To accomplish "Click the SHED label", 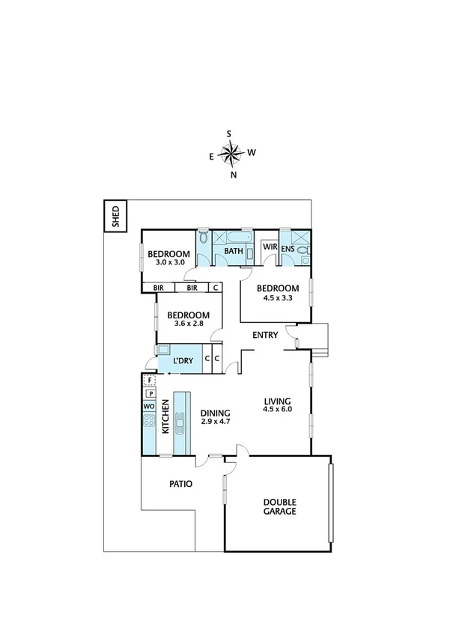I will pos(115,216).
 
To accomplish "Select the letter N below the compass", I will pos(234,175).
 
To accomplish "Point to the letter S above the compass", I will pos(229,134).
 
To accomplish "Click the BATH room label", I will pos(234,251).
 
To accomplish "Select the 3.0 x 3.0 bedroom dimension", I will pos(169,263).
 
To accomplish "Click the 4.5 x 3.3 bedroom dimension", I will pos(277,298).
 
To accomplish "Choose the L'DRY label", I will pos(183,361).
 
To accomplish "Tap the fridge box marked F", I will pos(149,381).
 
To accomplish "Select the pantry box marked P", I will pos(149,393).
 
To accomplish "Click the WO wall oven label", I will pos(148,405).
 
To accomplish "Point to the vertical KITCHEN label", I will pos(166,419).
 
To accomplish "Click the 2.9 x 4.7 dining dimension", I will pos(216,423).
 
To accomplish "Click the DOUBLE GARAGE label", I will pos(279,507).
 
